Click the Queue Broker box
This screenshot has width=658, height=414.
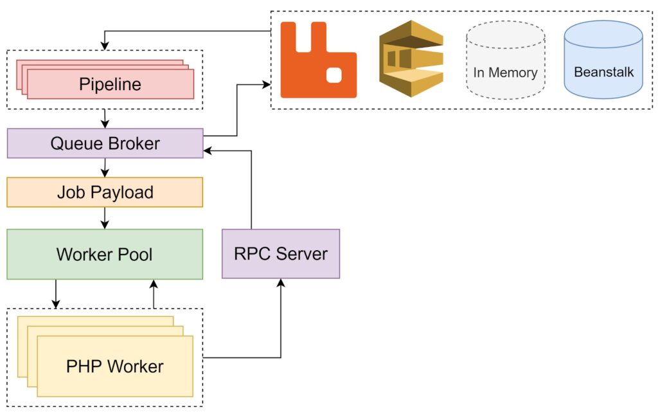pos(105,143)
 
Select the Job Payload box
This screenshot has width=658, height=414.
pos(105,192)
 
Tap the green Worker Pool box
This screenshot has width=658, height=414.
pos(105,254)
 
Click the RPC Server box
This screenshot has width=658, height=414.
pos(281,253)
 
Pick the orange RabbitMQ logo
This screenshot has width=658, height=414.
pos(318,60)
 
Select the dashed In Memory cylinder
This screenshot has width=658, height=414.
pos(506,61)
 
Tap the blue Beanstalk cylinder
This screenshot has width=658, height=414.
pos(603,61)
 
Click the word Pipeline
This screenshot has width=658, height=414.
pos(110,84)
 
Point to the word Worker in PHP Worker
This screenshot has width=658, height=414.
pos(135,366)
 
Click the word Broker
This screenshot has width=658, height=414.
pos(131,143)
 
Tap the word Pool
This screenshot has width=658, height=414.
pos(135,254)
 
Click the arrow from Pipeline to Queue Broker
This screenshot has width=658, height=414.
pos(105,118)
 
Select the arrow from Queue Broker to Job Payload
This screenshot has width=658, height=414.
pos(105,167)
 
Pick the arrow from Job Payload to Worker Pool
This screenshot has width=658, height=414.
pos(105,218)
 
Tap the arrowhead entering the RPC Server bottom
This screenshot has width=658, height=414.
pos(281,282)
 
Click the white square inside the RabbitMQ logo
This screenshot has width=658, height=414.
pos(335,75)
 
